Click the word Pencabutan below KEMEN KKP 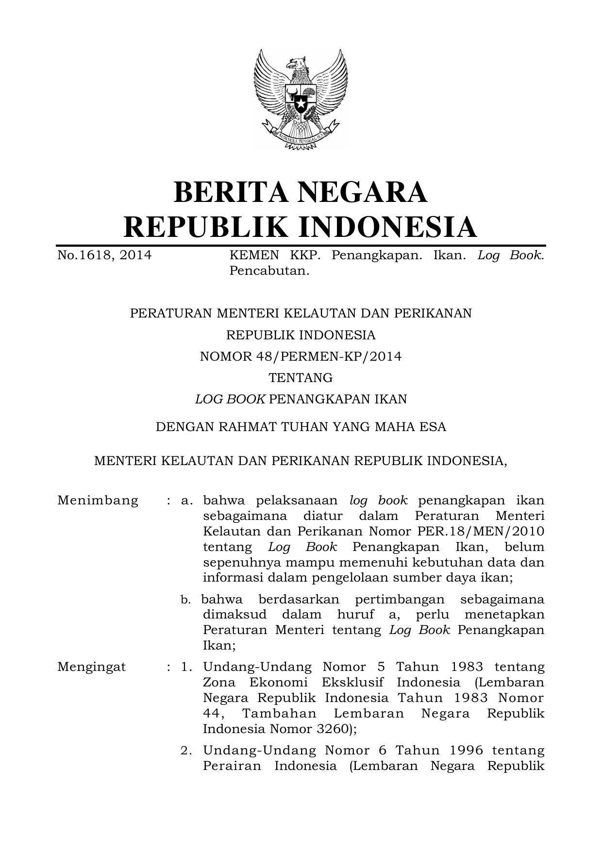[x=269, y=271]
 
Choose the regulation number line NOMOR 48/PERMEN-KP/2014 [x=301, y=357]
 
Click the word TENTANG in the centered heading [x=301, y=378]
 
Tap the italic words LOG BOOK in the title [x=230, y=399]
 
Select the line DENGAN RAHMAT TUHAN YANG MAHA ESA [x=301, y=427]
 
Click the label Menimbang [x=98, y=501]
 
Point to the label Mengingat [x=91, y=667]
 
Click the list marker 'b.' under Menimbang [x=185, y=600]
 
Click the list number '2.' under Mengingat [x=185, y=751]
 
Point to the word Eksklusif [x=352, y=683]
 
